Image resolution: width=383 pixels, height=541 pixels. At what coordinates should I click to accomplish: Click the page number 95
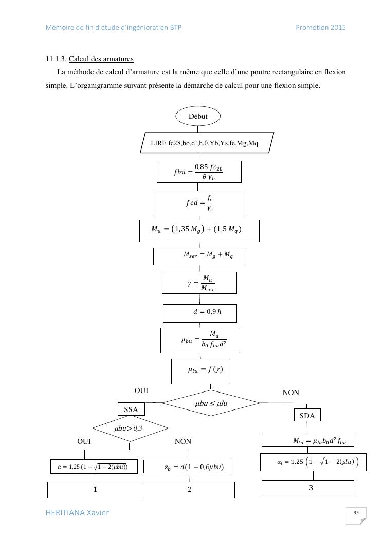[356, 513]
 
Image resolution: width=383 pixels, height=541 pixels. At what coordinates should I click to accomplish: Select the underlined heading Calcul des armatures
[101, 59]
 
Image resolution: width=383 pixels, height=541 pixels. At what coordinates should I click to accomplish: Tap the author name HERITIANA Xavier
[77, 513]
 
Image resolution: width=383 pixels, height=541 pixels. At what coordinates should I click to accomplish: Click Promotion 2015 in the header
[320, 28]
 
